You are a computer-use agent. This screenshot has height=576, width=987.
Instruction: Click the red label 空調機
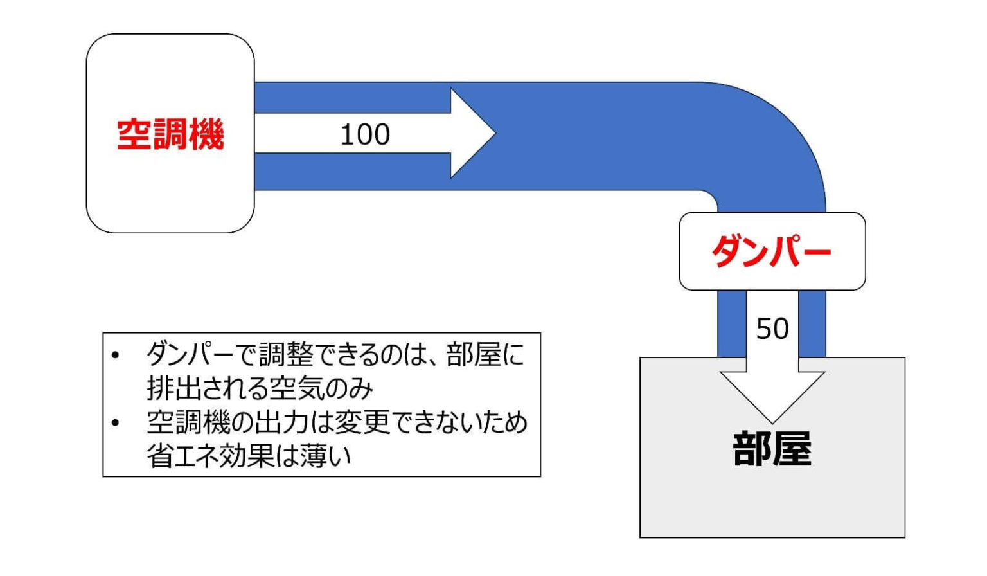coord(170,134)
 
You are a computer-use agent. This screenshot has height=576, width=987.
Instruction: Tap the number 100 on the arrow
coord(364,134)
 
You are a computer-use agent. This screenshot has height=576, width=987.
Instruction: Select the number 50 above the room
coord(772,329)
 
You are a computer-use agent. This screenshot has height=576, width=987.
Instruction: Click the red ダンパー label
coord(772,251)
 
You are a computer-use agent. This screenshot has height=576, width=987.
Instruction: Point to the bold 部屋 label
coord(772,449)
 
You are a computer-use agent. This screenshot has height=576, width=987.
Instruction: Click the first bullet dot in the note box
coord(116,355)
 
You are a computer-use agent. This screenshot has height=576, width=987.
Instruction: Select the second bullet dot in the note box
coord(116,423)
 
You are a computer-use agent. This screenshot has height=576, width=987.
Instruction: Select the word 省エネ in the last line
coord(181,456)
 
